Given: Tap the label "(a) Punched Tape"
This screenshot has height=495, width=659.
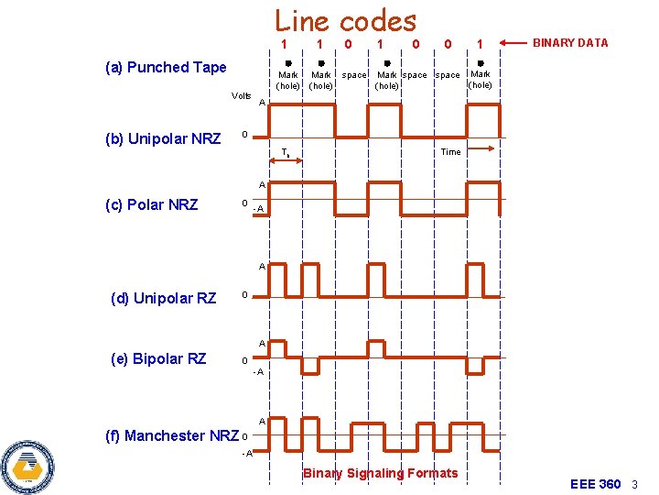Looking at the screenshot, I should (166, 67).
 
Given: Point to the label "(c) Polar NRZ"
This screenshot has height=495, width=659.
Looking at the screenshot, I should (152, 204).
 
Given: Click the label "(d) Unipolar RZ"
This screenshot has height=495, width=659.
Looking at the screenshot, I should (163, 298).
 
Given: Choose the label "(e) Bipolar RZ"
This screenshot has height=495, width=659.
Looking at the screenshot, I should (157, 358).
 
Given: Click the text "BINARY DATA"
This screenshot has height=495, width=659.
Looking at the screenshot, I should (570, 43).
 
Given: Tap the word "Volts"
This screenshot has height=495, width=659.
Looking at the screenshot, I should (242, 95).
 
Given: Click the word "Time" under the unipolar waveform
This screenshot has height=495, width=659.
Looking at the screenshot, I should (450, 152).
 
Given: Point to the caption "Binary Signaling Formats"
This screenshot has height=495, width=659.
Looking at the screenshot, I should (380, 473).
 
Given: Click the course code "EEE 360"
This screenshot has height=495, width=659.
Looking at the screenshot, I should (595, 484).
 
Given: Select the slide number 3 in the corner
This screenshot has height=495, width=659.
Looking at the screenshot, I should (634, 484).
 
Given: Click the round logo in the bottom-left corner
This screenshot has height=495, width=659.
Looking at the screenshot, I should (28, 466).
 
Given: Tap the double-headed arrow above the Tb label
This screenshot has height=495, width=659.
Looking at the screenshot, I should (286, 162).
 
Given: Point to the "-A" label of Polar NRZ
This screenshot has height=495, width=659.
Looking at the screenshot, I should (260, 210).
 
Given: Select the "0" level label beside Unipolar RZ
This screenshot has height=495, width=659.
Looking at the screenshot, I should (243, 296).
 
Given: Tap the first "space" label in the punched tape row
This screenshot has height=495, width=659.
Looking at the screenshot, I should (353, 75).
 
